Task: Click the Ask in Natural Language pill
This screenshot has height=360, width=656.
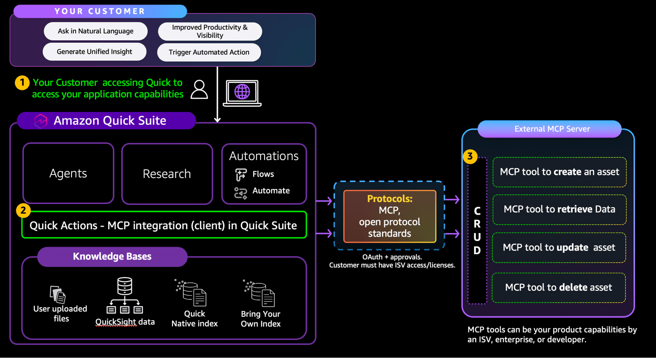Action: [x=95, y=31]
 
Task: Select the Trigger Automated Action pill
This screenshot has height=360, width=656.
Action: [x=209, y=52]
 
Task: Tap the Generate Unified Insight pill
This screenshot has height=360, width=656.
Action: [x=95, y=52]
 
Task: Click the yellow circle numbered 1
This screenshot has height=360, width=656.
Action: [x=22, y=83]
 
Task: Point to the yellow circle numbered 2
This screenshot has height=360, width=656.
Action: [x=23, y=210]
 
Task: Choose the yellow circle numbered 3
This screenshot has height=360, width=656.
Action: [x=470, y=156]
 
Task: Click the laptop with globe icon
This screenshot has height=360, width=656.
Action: [x=242, y=93]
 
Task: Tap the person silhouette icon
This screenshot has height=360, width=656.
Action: [x=199, y=89]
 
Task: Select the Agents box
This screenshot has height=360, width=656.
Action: [x=68, y=173]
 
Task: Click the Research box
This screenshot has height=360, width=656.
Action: [x=167, y=173]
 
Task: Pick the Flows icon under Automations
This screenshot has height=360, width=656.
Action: [x=241, y=174]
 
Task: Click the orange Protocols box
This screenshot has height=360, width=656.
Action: [x=389, y=216]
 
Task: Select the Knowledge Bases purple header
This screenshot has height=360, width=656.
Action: [x=112, y=256]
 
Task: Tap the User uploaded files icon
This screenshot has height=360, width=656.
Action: [x=58, y=294]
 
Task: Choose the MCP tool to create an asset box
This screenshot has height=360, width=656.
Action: [x=559, y=172]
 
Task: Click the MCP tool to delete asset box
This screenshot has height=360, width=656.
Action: [x=558, y=288]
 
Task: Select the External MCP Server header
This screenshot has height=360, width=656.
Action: [x=550, y=129]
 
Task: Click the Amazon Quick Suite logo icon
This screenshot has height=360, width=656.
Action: [x=41, y=121]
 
